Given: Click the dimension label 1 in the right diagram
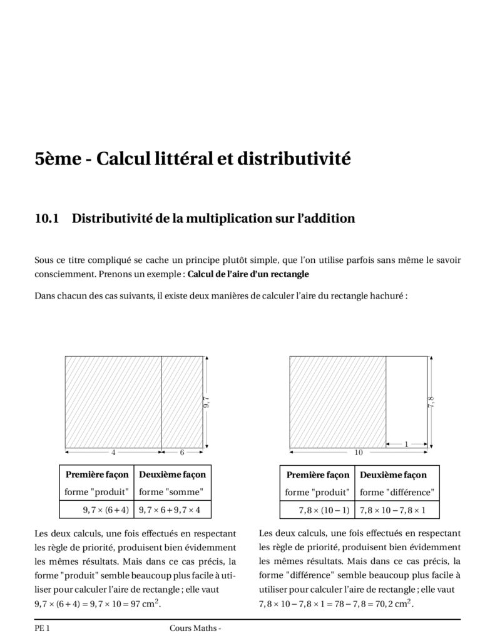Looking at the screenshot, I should pyautogui.click(x=407, y=444).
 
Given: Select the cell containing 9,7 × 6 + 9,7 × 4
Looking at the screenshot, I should pyautogui.click(x=170, y=510).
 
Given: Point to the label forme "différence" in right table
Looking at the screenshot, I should pyautogui.click(x=397, y=492).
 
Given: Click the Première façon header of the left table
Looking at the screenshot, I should pyautogui.click(x=97, y=475).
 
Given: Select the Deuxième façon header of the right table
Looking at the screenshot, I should pyautogui.click(x=393, y=475).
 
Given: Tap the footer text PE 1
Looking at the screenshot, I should pyautogui.click(x=42, y=628).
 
